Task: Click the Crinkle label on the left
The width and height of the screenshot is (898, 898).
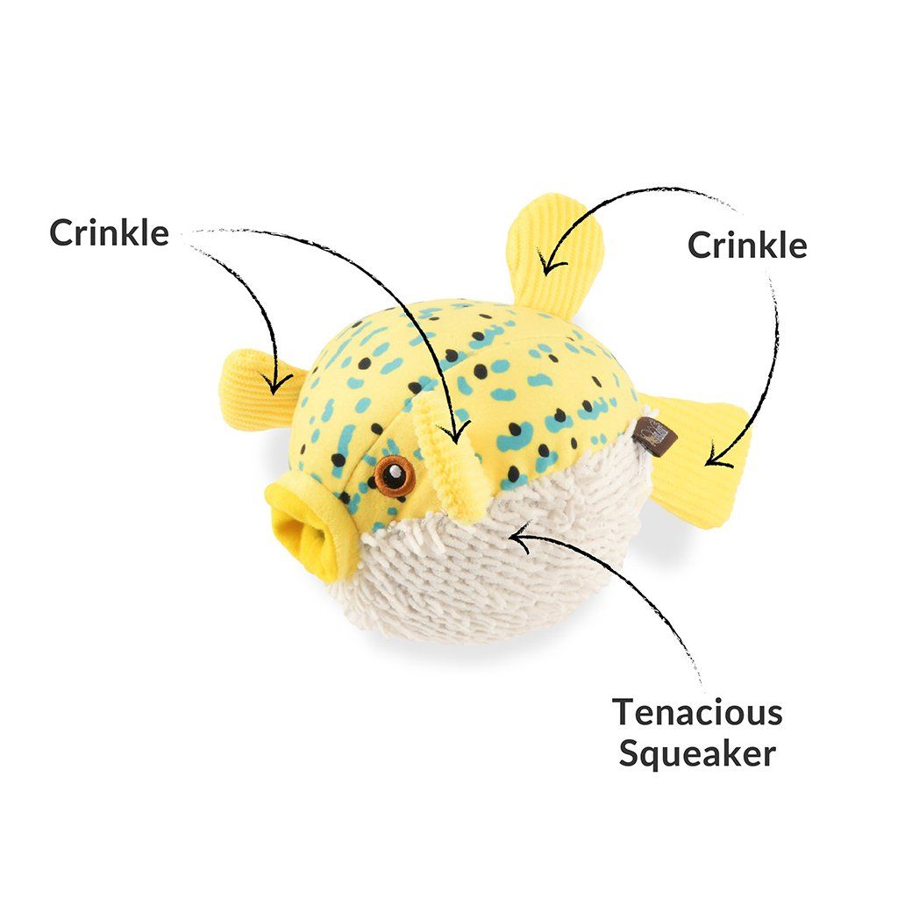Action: coord(109,232)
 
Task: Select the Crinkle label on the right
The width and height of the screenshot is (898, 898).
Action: coord(746,245)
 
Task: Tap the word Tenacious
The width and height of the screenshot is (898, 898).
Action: coord(697,712)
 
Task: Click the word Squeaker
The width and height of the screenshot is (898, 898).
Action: coord(697,753)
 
